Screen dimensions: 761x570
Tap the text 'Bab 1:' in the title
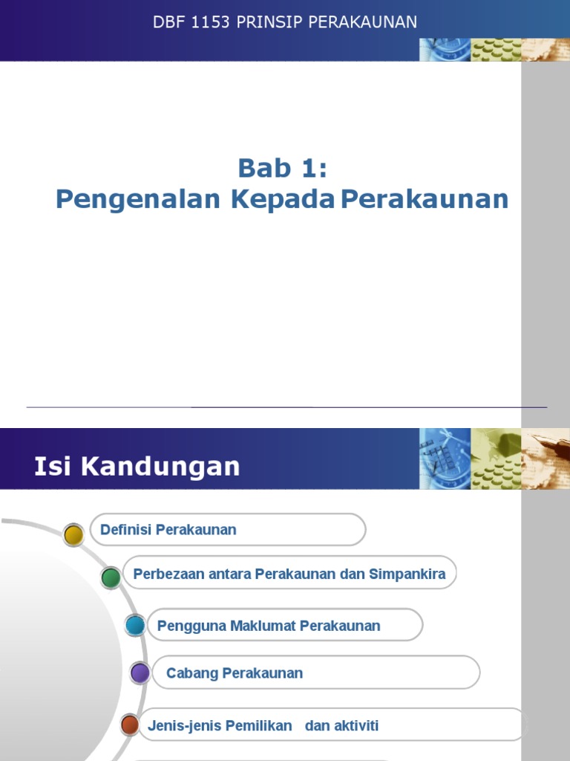click(282, 168)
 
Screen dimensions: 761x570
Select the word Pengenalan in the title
click(139, 199)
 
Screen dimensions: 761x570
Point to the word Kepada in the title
click(283, 199)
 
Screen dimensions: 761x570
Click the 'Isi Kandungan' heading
click(137, 467)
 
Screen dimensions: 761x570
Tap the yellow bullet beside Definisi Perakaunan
click(73, 534)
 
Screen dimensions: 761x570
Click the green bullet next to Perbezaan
click(111, 577)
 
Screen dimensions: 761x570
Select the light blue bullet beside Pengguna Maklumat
click(135, 625)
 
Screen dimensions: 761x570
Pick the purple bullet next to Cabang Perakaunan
click(140, 673)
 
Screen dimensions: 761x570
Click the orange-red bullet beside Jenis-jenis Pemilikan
click(130, 725)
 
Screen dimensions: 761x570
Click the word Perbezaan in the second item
click(167, 574)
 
